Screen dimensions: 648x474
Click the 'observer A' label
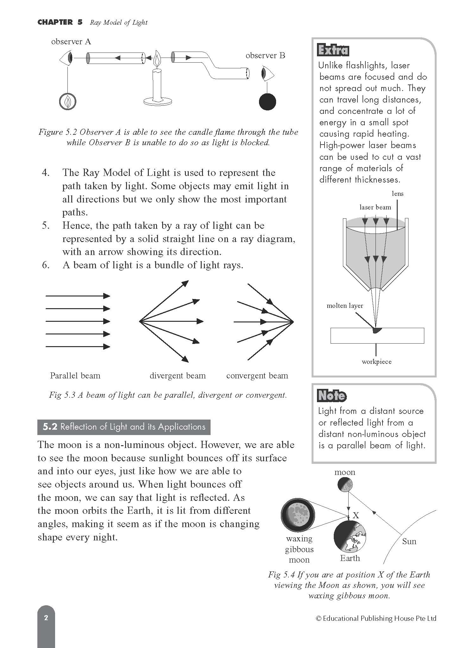71,42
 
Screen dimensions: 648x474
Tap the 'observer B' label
265,56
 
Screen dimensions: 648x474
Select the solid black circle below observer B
267,102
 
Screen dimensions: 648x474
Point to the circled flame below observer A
68,102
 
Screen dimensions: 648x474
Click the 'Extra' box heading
333,51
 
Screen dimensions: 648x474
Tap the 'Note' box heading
332,396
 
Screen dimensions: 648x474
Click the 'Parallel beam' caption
75,376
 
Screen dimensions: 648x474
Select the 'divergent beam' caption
177,376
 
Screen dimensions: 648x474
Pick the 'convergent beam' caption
257,376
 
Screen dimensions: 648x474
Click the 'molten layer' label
344,306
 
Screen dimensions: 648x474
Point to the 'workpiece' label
376,362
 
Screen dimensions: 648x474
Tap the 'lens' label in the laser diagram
397,194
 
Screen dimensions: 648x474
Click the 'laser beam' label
375,207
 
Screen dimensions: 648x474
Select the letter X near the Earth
356,515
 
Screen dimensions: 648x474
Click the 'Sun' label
409,541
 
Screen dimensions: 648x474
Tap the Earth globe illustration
350,537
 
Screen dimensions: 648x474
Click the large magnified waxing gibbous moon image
298,515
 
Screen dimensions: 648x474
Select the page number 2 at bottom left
46,618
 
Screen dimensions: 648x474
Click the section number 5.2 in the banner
50,427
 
